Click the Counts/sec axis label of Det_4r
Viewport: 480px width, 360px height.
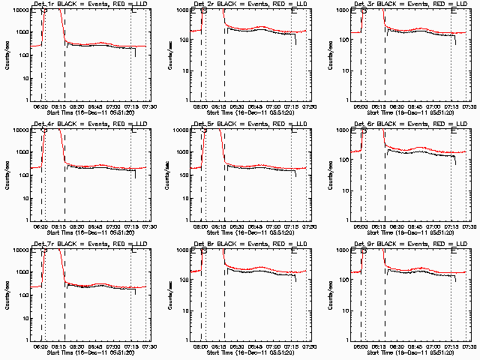click(6, 174)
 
